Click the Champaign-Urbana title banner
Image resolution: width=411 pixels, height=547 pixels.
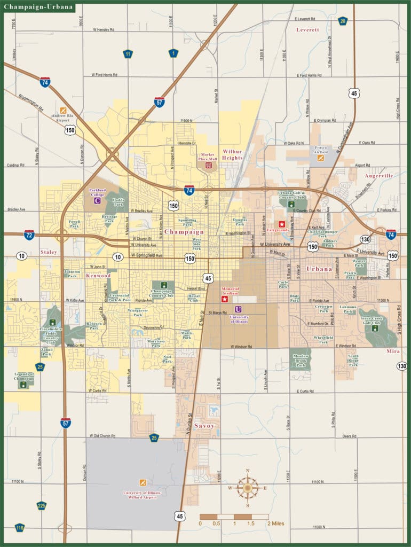[38, 7]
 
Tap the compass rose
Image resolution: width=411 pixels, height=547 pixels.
[248, 487]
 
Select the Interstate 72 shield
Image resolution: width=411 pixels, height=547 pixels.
[29, 235]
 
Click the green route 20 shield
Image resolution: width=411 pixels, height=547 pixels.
[343, 21]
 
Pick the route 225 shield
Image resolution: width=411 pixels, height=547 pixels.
[42, 505]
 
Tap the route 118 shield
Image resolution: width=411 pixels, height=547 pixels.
[20, 528]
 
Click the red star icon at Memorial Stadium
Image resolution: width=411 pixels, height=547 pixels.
[225, 299]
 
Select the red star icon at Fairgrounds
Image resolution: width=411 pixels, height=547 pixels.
[281, 224]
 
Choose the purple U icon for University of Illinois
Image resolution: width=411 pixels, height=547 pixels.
[239, 309]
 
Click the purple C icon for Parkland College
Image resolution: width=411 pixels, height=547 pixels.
[97, 201]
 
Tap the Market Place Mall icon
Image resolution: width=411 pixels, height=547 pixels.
[209, 165]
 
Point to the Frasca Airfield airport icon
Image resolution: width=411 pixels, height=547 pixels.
[320, 158]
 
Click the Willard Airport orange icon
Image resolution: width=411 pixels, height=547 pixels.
[142, 482]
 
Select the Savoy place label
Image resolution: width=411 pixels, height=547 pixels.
[204, 426]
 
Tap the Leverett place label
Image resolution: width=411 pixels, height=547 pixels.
[307, 30]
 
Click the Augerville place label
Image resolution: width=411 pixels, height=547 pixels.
[378, 175]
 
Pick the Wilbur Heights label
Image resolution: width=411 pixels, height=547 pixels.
[232, 155]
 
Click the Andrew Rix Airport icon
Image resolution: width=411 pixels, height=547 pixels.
[63, 111]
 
